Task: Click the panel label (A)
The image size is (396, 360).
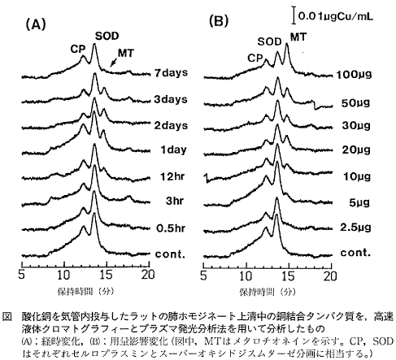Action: click(x=38, y=25)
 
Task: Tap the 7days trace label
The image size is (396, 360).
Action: click(x=171, y=72)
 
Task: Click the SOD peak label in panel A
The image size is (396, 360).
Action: click(x=105, y=37)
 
